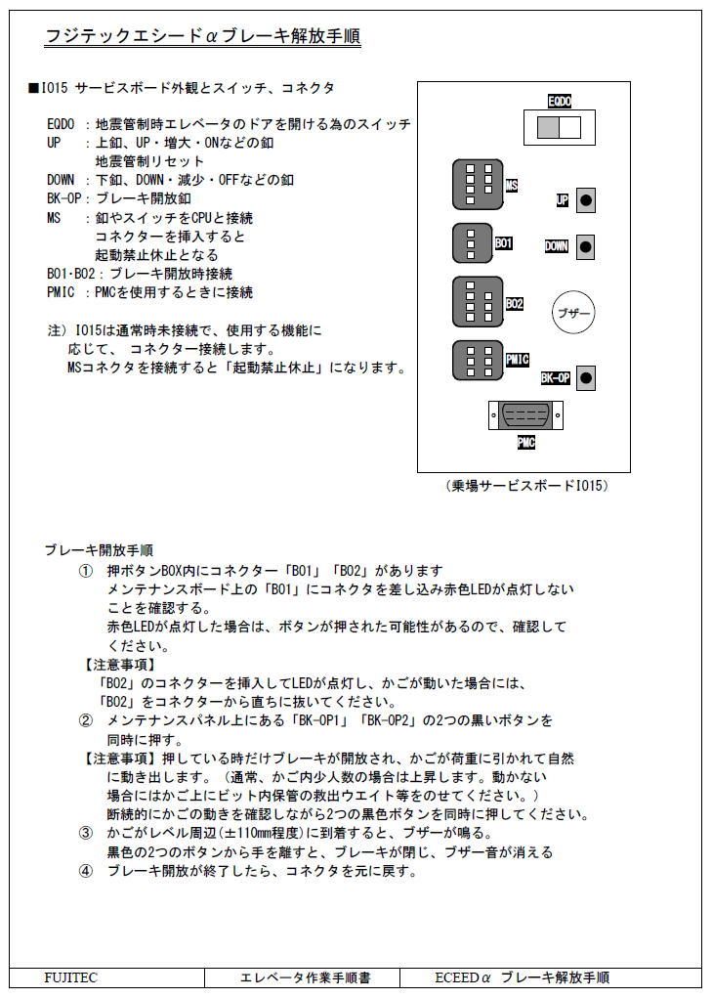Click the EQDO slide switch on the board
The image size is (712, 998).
tap(553, 127)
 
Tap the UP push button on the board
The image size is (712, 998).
tap(586, 200)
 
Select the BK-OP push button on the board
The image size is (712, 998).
tap(586, 377)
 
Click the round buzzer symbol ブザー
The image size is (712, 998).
tap(572, 314)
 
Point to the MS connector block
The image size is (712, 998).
tap(478, 185)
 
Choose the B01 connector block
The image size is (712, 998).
tap(472, 243)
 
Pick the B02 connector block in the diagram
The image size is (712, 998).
tap(478, 302)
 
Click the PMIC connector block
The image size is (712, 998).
tap(478, 360)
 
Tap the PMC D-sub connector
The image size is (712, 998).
tap(525, 415)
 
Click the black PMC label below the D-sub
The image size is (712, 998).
tap(525, 443)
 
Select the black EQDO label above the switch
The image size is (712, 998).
tap(559, 101)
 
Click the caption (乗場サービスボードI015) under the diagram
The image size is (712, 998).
tap(525, 486)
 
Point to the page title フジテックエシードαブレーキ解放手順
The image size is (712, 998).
tap(203, 37)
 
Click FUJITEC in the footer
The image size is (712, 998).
tap(71, 977)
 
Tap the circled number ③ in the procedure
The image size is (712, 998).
tap(86, 833)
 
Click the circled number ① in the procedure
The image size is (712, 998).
tap(86, 570)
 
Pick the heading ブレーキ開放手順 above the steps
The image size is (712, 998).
tap(99, 550)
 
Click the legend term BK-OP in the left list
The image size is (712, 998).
tap(63, 198)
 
